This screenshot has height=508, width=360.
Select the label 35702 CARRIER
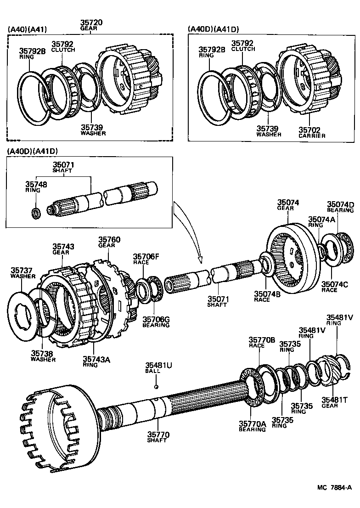(x=312, y=132)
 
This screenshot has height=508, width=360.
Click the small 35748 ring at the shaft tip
(x=35, y=213)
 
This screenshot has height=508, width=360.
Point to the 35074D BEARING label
(x=340, y=207)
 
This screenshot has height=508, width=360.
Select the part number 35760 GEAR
(x=109, y=242)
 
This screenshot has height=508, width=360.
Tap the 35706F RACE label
(x=146, y=259)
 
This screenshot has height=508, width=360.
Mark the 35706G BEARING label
(x=155, y=322)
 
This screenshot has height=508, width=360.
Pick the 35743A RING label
(x=96, y=361)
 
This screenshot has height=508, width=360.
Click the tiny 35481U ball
(x=157, y=386)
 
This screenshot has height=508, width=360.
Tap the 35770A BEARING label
(x=252, y=426)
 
